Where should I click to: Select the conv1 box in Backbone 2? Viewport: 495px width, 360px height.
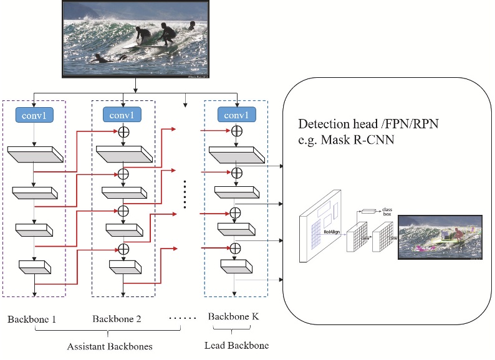123,115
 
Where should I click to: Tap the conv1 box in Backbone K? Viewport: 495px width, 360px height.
236,115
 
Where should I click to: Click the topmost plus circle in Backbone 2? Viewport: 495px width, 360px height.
123,132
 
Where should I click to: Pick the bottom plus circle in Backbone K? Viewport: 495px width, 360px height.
236,249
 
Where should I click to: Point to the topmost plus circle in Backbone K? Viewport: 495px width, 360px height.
236,132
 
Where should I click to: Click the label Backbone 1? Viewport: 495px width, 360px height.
32,320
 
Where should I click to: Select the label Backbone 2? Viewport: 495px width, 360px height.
117,320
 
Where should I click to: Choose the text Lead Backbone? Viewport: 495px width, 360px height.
233,345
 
